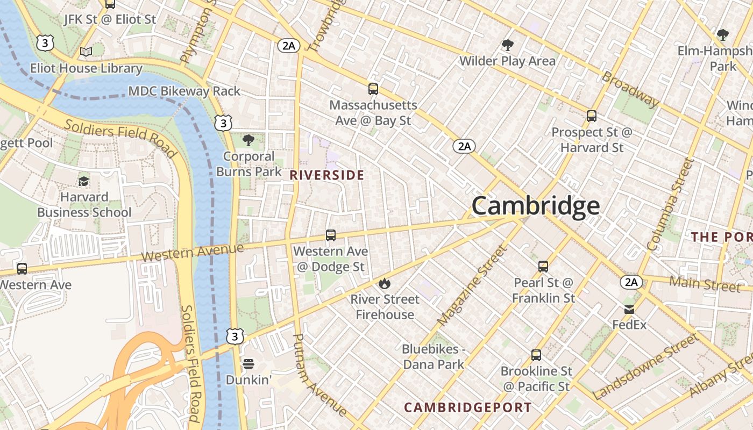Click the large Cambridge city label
click(x=535, y=206)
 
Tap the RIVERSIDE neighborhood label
click(x=327, y=175)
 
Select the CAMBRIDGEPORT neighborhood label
click(x=468, y=407)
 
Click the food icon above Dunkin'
click(x=248, y=364)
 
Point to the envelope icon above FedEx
click(x=629, y=309)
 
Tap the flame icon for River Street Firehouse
click(x=385, y=283)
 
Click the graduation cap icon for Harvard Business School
click(x=83, y=181)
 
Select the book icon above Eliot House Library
click(x=86, y=52)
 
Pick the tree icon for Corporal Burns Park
click(x=248, y=140)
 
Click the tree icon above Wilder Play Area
click(x=507, y=45)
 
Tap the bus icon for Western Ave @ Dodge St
click(x=331, y=235)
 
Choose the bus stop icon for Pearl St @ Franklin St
click(x=543, y=266)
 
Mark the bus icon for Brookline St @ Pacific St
click(x=536, y=355)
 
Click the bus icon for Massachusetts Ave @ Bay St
click(x=373, y=89)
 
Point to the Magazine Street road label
click(x=472, y=286)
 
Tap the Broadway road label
click(x=630, y=89)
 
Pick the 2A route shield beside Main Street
click(x=631, y=282)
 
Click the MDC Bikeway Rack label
click(x=184, y=91)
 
